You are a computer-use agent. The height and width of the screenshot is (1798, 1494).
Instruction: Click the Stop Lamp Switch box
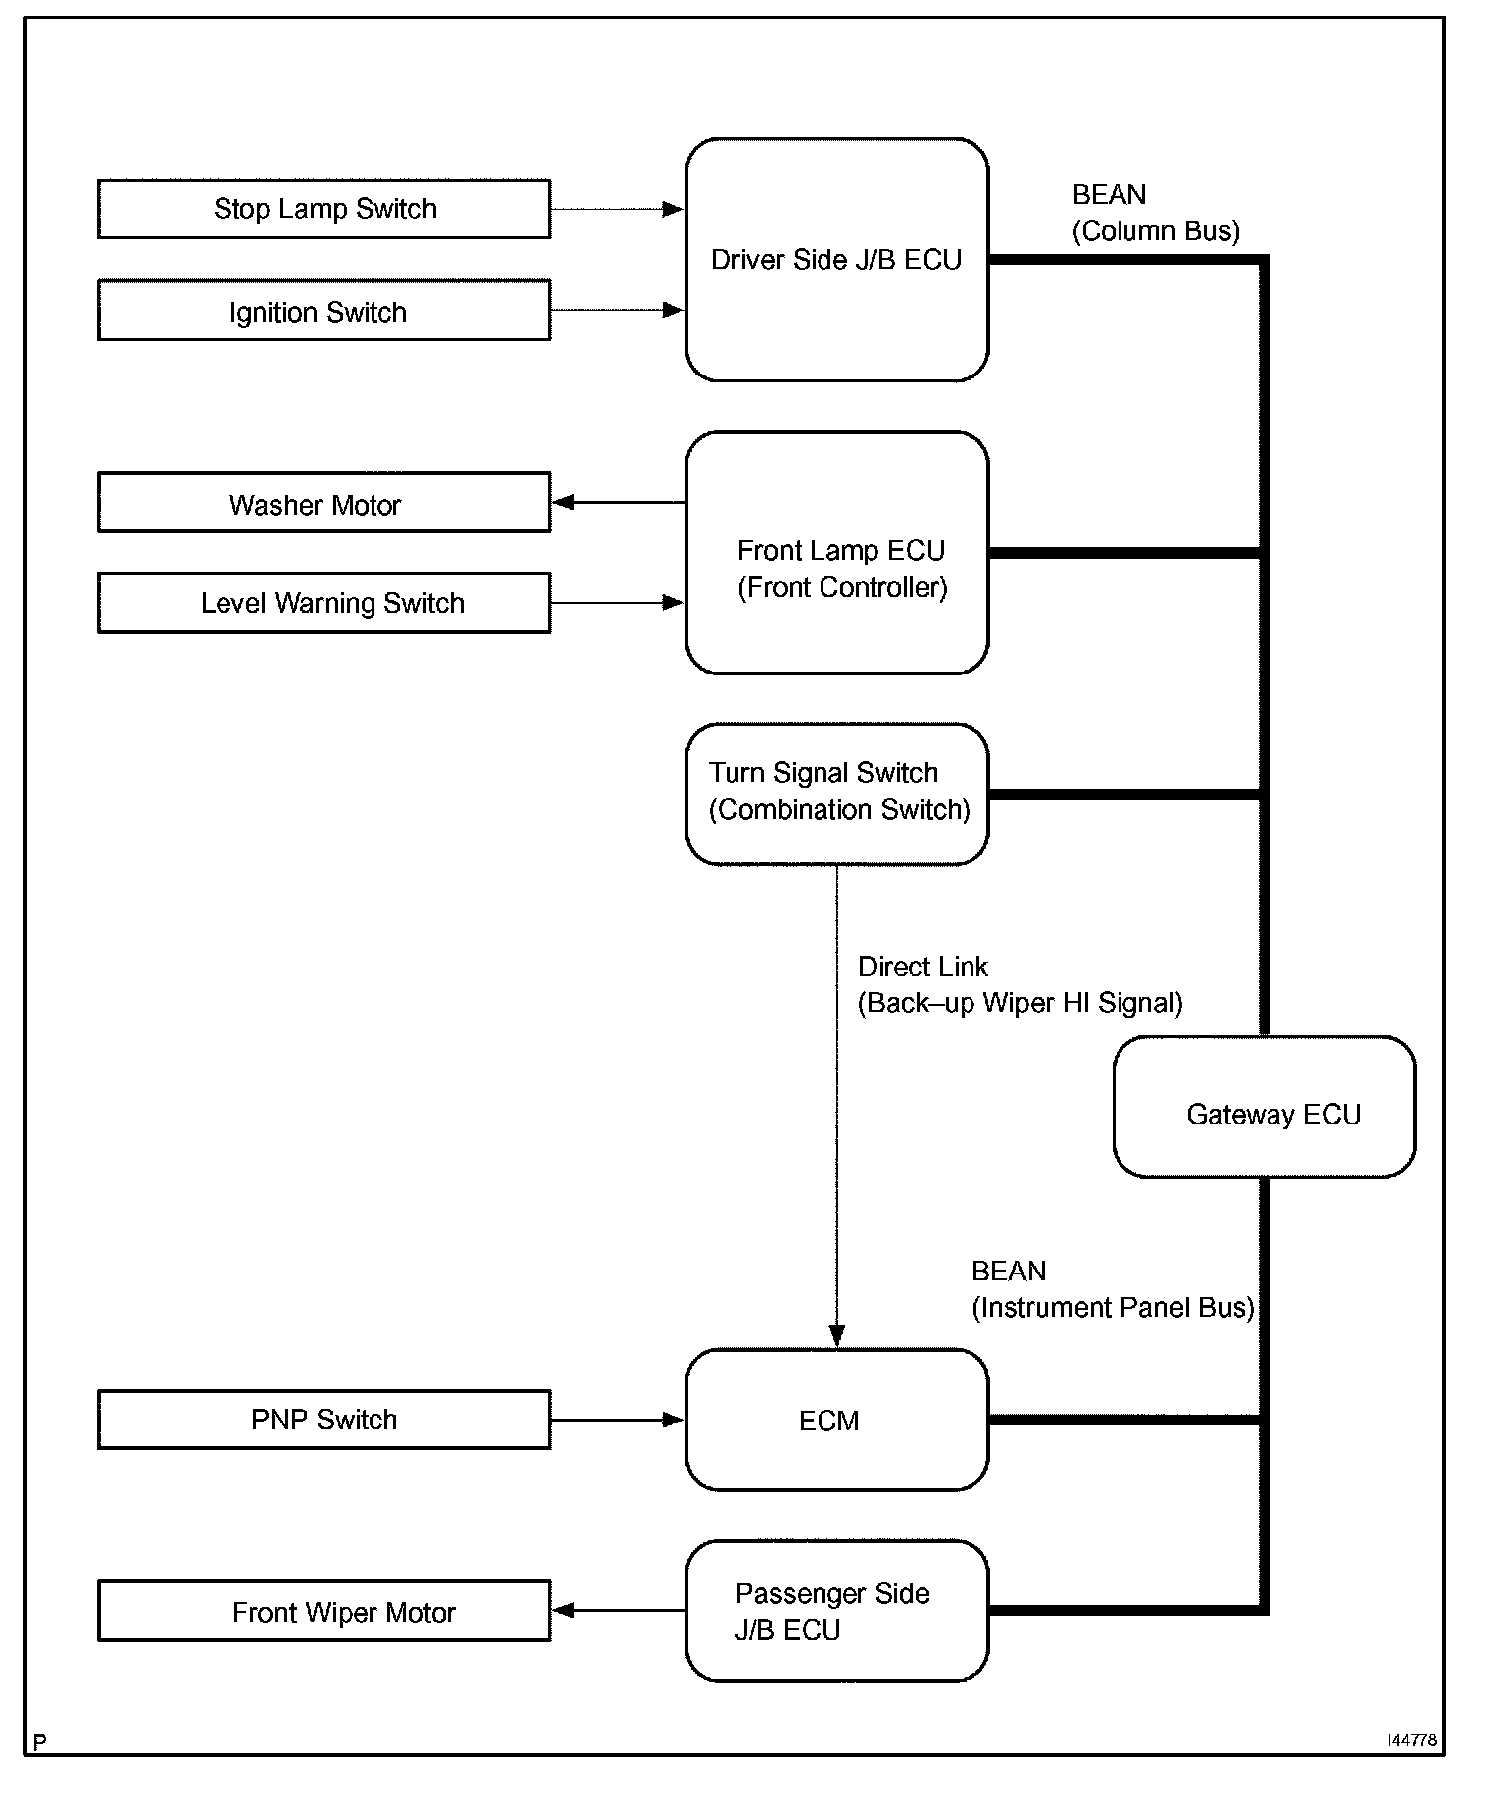(x=324, y=209)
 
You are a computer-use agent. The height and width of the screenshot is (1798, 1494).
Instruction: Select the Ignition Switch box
(x=324, y=310)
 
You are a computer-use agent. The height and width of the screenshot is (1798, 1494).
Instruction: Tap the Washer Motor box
(x=324, y=503)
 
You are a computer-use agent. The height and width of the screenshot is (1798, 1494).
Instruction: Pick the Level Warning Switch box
(x=324, y=603)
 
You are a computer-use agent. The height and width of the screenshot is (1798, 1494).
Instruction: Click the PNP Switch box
(x=324, y=1420)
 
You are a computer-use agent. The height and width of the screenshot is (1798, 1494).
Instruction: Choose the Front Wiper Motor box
(x=324, y=1610)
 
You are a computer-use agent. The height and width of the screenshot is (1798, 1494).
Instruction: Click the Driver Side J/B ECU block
(x=837, y=260)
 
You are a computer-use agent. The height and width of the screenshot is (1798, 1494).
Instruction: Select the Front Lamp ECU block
(x=837, y=552)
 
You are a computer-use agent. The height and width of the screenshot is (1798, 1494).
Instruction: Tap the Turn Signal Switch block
(x=837, y=795)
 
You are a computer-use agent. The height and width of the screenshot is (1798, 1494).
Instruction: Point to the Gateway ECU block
(x=1265, y=1107)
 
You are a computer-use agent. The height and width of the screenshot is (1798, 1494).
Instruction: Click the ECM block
(x=837, y=1420)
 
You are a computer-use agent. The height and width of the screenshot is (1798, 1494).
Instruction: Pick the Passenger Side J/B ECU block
(x=837, y=1610)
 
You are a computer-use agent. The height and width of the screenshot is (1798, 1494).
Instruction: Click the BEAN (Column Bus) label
(x=1155, y=213)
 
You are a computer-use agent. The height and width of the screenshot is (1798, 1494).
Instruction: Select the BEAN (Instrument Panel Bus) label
(x=1113, y=1289)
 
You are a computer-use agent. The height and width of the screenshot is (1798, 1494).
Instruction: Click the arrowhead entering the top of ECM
(x=837, y=1336)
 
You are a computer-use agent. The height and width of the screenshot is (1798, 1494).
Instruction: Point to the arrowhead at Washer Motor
(x=564, y=503)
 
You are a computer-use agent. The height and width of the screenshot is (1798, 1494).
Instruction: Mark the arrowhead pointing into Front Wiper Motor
(x=564, y=1610)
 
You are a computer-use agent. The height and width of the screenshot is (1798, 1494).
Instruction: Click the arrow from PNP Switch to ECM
(x=618, y=1420)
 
